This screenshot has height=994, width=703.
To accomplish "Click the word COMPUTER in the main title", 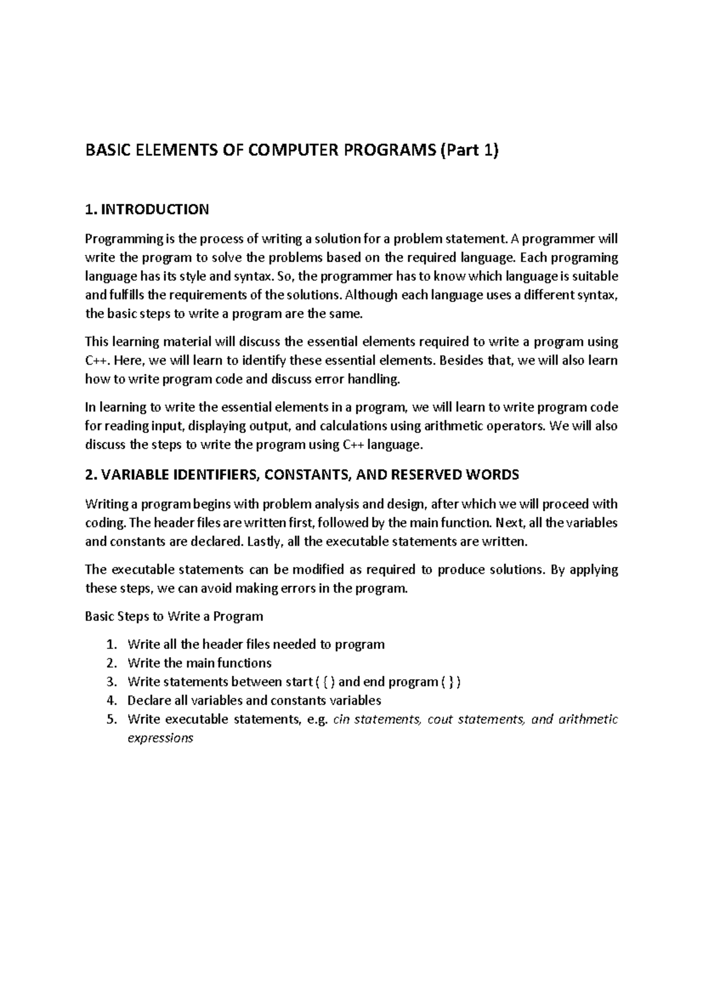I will coord(291,152).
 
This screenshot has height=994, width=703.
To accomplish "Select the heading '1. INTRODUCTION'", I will coord(146,210).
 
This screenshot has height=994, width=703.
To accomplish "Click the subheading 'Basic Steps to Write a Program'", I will coord(174,617).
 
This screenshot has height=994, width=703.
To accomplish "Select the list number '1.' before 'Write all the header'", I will coord(112,645).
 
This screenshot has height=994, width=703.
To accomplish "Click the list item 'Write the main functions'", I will coord(199,663).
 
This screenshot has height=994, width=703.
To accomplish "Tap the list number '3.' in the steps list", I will coord(112,682).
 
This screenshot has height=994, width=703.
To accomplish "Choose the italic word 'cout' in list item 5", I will coord(440,720).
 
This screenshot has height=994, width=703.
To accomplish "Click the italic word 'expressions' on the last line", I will coord(160,738).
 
